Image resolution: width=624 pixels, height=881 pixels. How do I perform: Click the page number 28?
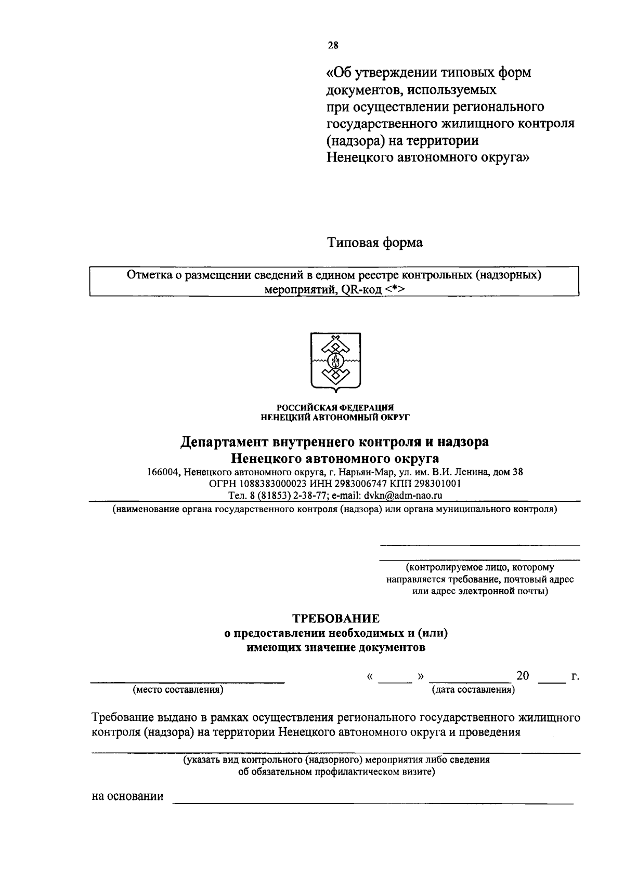(333, 45)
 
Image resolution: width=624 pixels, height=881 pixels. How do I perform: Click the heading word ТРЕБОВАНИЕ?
(335, 619)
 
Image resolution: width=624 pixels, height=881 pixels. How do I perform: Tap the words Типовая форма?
(374, 242)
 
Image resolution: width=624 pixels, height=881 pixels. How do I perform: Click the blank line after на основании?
(372, 803)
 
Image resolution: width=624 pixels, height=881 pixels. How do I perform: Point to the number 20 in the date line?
(522, 675)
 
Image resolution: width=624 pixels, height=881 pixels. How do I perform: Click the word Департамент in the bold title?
(224, 442)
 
